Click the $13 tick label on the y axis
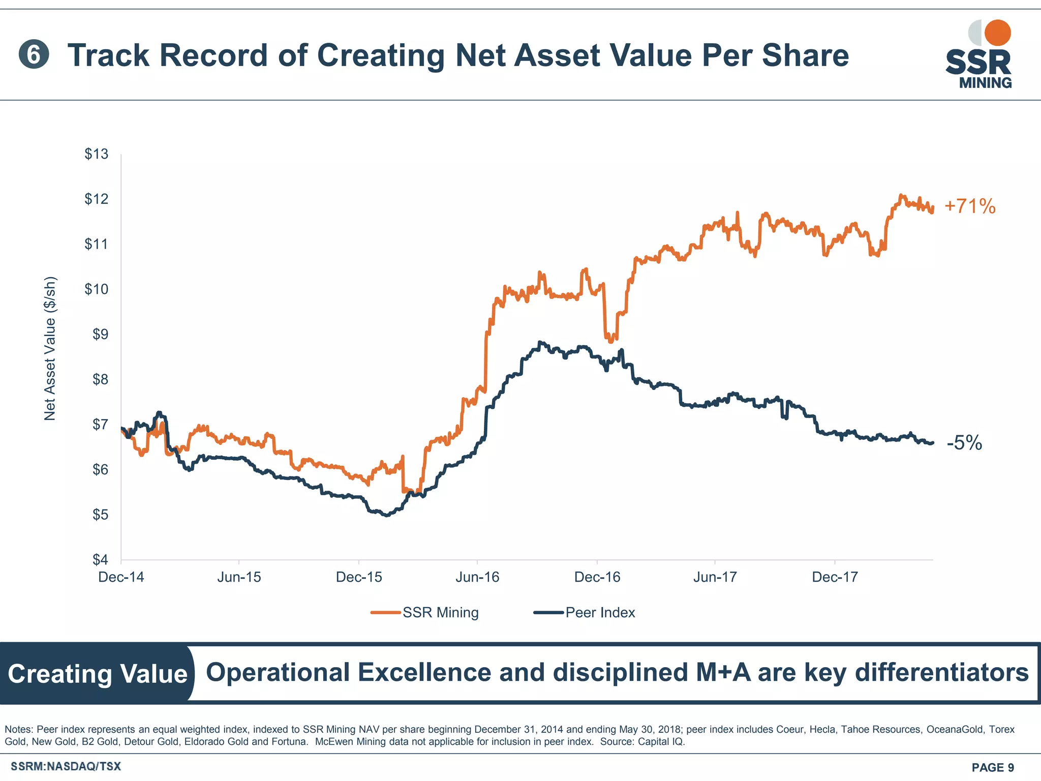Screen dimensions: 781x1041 point(96,154)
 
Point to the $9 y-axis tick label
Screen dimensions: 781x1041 point(100,334)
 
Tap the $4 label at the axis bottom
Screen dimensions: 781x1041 point(100,559)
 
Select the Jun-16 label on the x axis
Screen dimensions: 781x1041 point(477,577)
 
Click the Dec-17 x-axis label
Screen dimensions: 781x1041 point(835,577)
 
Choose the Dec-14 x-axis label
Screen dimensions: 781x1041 point(121,577)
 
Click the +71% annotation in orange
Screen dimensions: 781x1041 point(969,206)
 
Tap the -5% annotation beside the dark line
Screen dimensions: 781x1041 point(964,443)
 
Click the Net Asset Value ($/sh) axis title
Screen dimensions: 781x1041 point(50,349)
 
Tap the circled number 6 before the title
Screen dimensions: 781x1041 point(34,55)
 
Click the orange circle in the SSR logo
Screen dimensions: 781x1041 point(997,33)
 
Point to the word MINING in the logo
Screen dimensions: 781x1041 point(985,83)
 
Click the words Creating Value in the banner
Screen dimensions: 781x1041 point(98,674)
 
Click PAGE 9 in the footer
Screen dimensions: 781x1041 point(992,767)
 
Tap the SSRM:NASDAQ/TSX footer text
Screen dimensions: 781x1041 point(66,766)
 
